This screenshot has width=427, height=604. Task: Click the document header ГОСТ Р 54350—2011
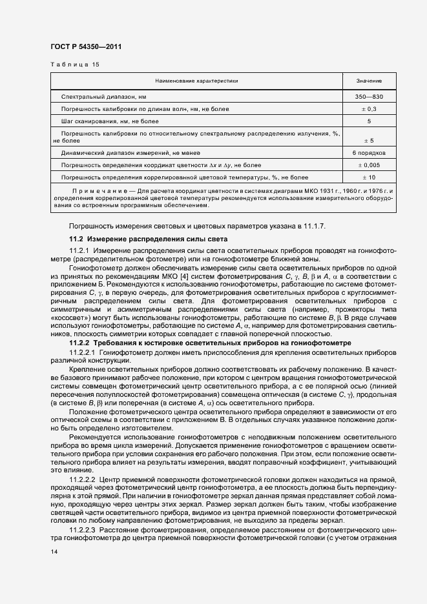coord(85,47)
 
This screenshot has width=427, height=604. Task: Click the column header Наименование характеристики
coord(196,81)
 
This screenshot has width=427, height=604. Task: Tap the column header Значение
coord(369,81)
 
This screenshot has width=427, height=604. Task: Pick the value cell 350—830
coord(369,96)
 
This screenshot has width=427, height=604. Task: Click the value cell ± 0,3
coord(369,108)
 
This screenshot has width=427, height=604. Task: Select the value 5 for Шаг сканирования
coord(369,121)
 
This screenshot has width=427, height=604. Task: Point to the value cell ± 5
coord(369,140)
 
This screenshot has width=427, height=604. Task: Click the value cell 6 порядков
coord(369,153)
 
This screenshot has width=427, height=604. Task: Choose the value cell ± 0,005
coord(369,165)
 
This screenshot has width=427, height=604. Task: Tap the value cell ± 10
coord(369,177)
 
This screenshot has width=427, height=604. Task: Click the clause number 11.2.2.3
coord(82,529)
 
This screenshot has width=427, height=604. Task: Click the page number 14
coord(54,552)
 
